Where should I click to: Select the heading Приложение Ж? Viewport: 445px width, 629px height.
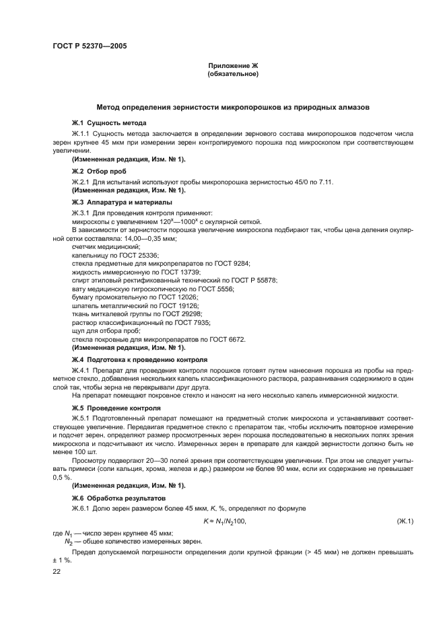point(233,65)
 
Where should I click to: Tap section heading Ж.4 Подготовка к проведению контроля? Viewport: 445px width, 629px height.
point(139,360)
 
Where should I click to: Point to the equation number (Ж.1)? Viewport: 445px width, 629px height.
point(406,521)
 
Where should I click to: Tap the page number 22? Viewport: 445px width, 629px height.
point(57,571)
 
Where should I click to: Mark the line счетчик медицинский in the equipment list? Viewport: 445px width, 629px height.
point(101,248)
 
